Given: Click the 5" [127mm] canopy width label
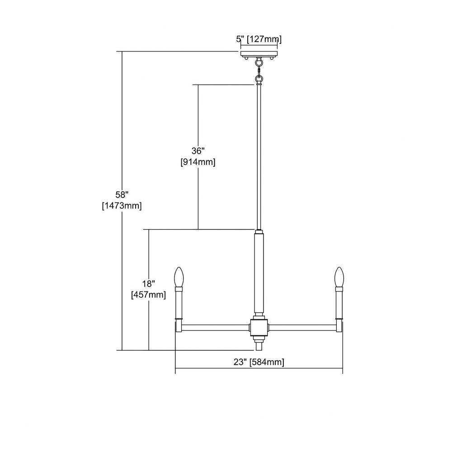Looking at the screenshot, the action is (259, 39).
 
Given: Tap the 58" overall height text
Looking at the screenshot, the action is (122, 195).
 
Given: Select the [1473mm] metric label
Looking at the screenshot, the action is (122, 206).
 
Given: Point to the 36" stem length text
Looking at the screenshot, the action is (198, 151).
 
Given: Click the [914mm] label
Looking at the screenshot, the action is (198, 162).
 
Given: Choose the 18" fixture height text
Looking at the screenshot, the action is (148, 284).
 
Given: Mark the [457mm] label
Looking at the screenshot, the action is (148, 295).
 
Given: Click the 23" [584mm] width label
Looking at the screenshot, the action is (259, 362).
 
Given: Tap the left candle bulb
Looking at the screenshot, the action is (179, 277).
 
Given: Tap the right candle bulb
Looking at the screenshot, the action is (339, 277).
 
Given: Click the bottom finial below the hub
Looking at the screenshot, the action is (259, 345).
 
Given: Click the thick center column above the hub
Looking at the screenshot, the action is (259, 273).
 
